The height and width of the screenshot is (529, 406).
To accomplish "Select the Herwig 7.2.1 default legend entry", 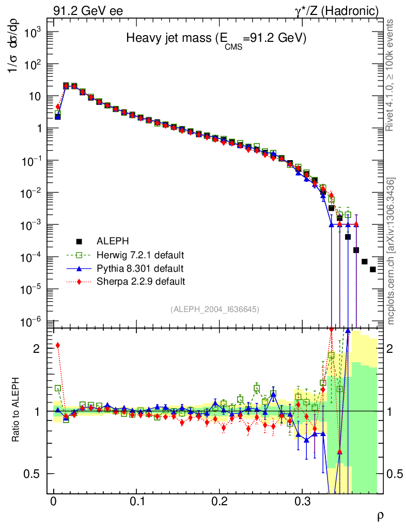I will coord(140,255).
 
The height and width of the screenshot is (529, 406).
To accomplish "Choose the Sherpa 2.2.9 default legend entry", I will coord(140,282).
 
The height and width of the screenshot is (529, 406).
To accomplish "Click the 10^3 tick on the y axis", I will coord(32,32).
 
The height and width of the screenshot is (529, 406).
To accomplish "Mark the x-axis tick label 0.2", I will coord(220,502).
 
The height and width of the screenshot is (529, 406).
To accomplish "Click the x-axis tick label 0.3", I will coord(303,502).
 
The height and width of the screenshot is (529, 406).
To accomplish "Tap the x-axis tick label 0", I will coord(53,502).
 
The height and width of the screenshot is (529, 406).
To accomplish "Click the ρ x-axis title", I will coord(380,515).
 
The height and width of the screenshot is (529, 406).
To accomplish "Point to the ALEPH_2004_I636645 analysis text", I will coord(214,309).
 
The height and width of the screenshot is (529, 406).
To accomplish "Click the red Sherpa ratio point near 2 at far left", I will coord(58,346).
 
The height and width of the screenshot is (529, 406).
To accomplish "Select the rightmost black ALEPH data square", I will coord(373,270).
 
